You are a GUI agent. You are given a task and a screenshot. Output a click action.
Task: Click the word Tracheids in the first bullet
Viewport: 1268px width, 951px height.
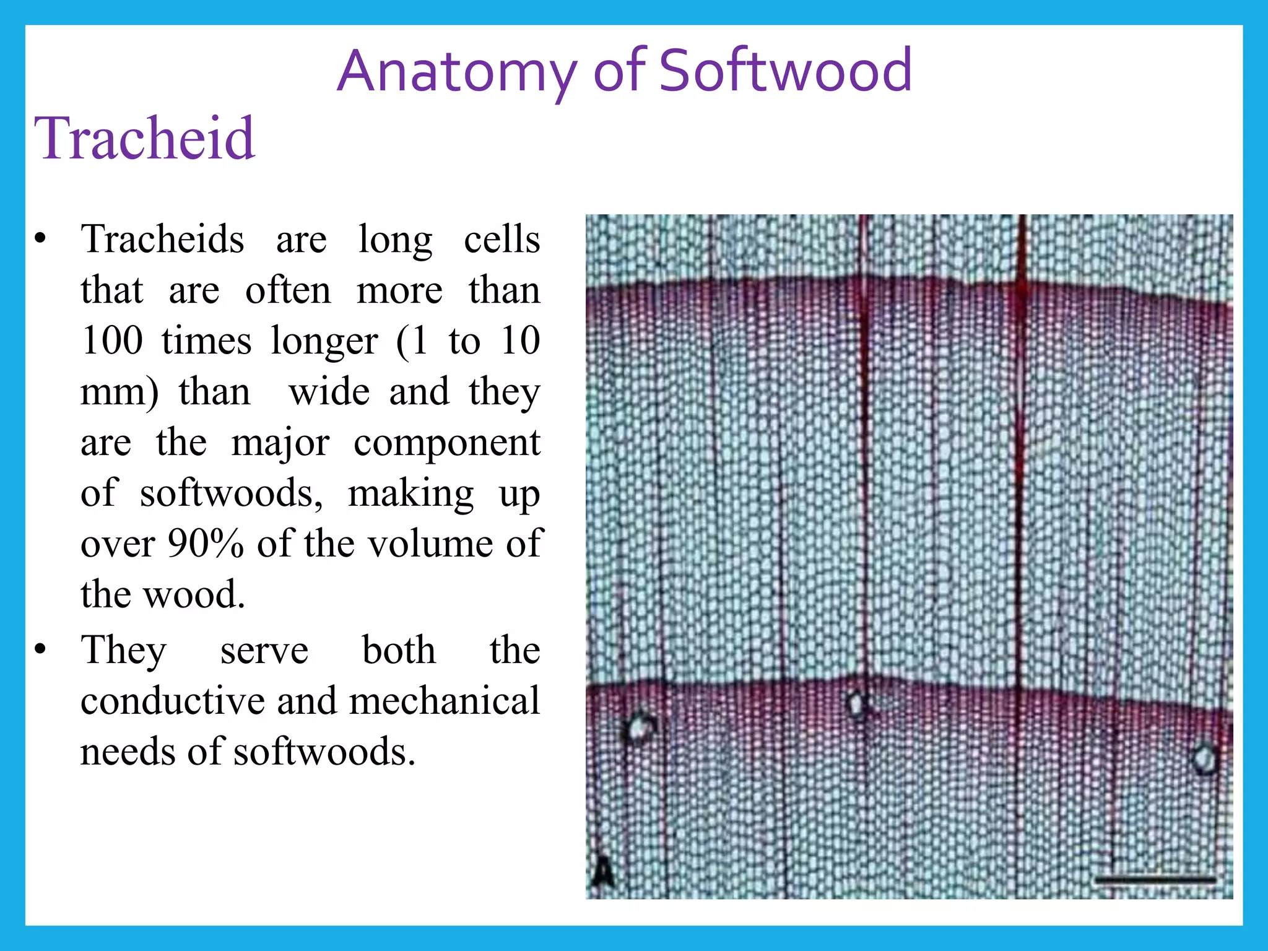coord(162,239)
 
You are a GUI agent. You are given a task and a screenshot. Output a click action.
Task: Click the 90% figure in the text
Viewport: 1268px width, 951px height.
coord(206,543)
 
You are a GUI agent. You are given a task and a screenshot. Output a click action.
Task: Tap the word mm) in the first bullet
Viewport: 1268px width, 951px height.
coord(119,392)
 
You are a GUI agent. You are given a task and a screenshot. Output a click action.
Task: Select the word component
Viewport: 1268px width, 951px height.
coord(447,442)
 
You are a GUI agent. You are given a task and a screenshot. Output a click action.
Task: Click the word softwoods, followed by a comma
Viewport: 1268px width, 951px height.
coord(231,493)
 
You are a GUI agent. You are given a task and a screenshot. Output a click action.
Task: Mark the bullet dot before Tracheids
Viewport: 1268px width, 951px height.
coord(41,239)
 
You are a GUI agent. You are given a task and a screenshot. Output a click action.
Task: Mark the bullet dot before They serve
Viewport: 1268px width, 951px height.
coord(41,650)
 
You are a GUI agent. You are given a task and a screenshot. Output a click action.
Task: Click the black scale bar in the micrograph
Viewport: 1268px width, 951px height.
coord(1155,879)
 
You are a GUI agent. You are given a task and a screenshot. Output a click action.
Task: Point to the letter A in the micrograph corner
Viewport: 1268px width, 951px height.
coord(602,873)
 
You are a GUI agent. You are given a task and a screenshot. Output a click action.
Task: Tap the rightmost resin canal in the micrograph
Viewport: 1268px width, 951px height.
coord(1205,758)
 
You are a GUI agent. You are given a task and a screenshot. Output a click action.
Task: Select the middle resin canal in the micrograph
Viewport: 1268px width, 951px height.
coord(858,704)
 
